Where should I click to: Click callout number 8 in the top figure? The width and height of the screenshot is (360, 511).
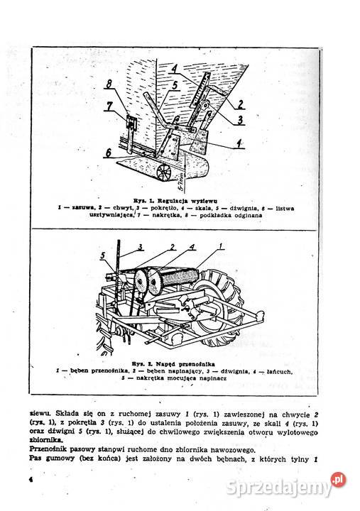click(108, 84)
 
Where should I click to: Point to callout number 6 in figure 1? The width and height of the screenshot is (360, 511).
click(107, 152)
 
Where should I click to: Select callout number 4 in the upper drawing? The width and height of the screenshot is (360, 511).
click(175, 69)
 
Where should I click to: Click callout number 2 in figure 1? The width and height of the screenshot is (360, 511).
click(241, 104)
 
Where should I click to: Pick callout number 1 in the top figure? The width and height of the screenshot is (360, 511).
click(240, 143)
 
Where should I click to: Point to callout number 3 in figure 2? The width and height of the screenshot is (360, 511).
click(141, 246)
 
